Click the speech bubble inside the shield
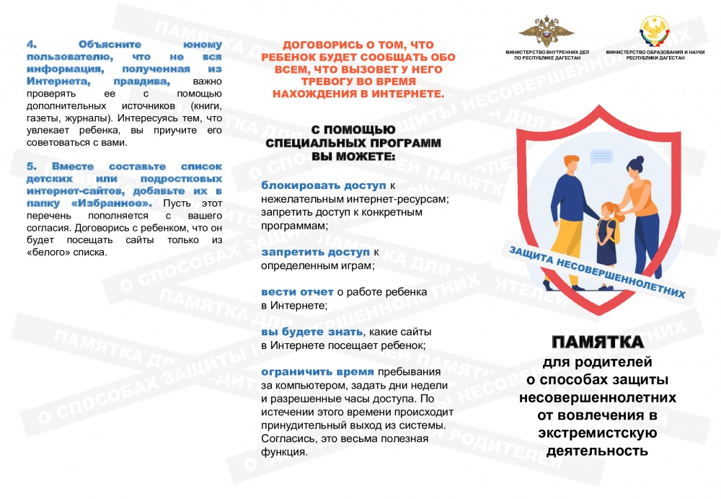[x=600, y=156]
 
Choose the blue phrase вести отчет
[x=297, y=292]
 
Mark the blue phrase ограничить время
[x=317, y=372]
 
